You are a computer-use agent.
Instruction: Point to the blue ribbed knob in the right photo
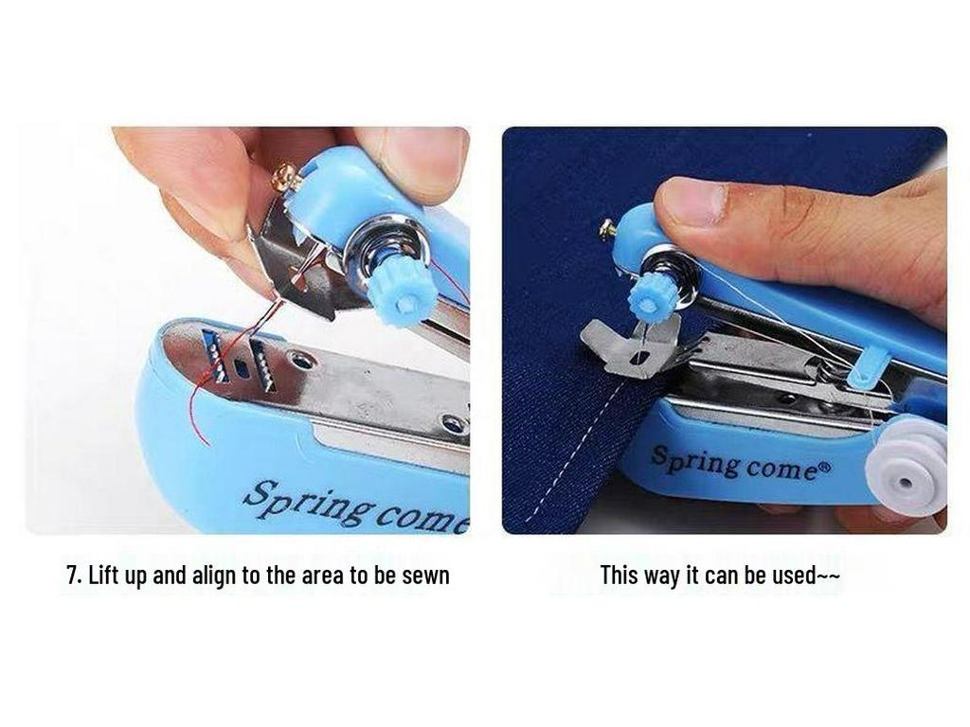649,298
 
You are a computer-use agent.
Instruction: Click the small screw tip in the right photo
606,228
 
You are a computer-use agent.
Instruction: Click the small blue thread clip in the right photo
866,368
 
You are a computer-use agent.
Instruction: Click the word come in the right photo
781,468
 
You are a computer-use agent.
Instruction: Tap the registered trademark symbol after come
825,465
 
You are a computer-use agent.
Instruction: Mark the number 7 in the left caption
71,576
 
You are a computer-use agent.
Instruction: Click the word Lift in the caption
103,576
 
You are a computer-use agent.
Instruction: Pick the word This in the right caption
620,575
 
